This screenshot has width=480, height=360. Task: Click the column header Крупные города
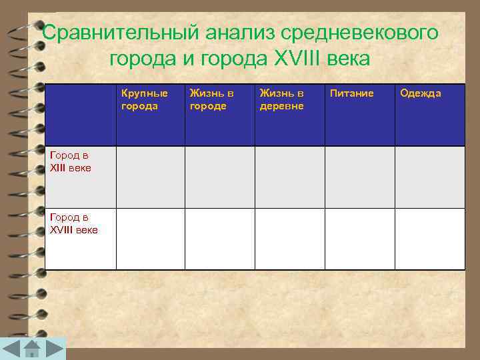click(x=144, y=99)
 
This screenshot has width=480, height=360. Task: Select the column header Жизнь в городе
click(x=211, y=99)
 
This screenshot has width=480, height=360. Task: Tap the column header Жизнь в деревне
click(x=281, y=99)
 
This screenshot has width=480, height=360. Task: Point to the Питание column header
click(x=351, y=93)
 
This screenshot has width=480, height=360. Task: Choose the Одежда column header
click(x=420, y=93)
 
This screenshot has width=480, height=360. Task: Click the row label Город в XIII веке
click(x=71, y=161)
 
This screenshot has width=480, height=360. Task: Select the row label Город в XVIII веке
click(x=73, y=223)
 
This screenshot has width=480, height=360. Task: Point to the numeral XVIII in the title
click(x=290, y=59)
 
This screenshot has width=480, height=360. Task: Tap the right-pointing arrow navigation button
click(x=55, y=349)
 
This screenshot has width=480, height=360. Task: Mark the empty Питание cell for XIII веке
click(x=359, y=177)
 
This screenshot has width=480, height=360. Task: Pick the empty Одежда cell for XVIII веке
click(x=429, y=239)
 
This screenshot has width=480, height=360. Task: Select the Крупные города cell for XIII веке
click(x=150, y=177)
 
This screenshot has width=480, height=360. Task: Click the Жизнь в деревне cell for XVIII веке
click(x=289, y=239)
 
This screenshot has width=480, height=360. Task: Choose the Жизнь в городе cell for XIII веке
click(x=219, y=177)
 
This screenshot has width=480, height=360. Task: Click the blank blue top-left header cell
click(x=80, y=115)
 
